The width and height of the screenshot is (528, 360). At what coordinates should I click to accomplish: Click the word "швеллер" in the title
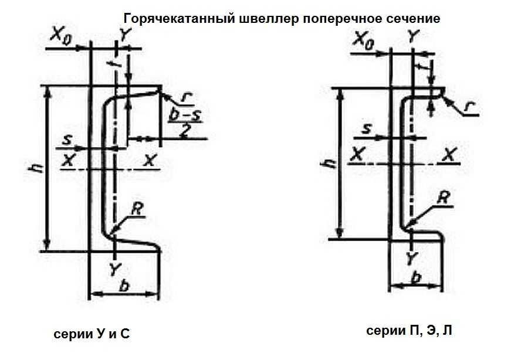tap(273, 18)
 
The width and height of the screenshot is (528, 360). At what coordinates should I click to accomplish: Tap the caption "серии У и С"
tap(92, 334)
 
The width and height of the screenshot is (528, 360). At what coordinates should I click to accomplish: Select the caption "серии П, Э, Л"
tap(409, 331)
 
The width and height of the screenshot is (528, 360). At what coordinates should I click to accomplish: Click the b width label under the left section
tap(124, 286)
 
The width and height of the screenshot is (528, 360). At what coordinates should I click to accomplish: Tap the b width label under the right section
tap(415, 278)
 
